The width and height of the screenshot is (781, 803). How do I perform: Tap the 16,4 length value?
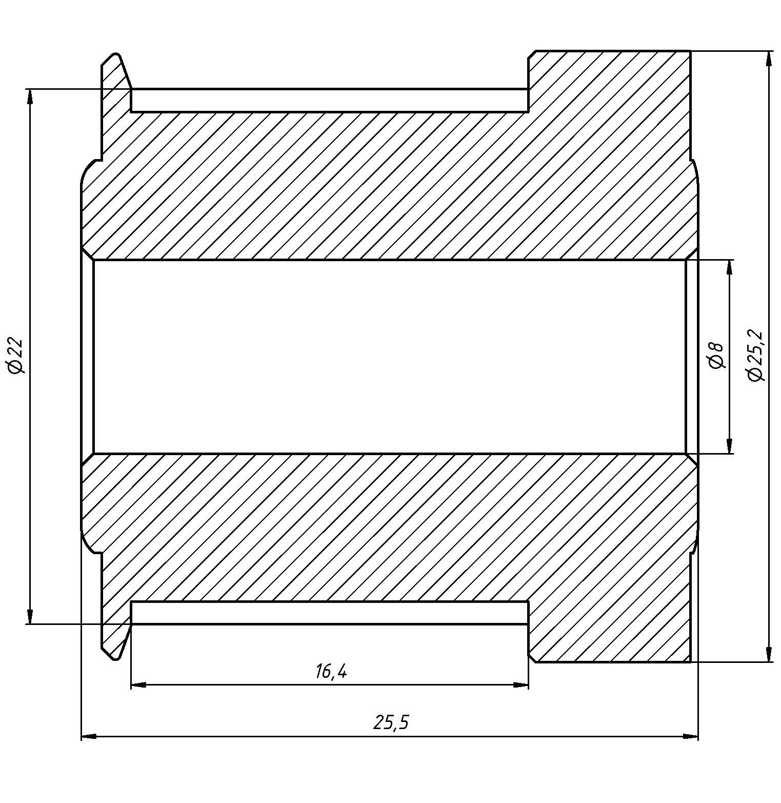click(x=331, y=671)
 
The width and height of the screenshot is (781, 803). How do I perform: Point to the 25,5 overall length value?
click(x=392, y=723)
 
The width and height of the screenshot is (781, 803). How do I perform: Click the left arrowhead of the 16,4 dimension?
click(x=139, y=684)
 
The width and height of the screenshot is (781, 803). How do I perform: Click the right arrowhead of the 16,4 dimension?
click(x=520, y=684)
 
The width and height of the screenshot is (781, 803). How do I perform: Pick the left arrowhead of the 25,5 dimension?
click(x=89, y=737)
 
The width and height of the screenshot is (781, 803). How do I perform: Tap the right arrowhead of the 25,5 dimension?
click(x=691, y=737)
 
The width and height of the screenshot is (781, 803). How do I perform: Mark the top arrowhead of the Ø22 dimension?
click(x=30, y=97)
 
